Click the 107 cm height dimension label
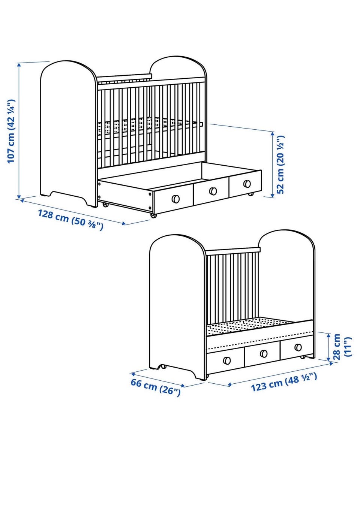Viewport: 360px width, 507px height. pyautogui.click(x=11, y=131)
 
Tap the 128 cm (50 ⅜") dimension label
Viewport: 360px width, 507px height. pyautogui.click(x=70, y=220)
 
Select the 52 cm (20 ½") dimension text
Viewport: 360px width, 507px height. pyautogui.click(x=280, y=165)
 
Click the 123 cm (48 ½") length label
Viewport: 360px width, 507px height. pyautogui.click(x=284, y=383)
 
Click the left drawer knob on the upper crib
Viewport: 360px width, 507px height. pyautogui.click(x=175, y=199)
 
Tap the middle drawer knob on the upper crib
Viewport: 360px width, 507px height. pyautogui.click(x=213, y=191)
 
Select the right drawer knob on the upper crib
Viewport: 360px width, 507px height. pyautogui.click(x=247, y=184)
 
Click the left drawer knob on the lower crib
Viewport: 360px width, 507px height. pyautogui.click(x=227, y=360)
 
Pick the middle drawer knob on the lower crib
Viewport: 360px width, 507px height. pyautogui.click(x=264, y=353)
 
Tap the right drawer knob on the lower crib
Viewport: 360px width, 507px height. pyautogui.click(x=298, y=347)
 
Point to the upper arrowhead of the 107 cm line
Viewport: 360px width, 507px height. pyautogui.click(x=19, y=65)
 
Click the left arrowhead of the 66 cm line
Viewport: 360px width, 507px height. pyautogui.click(x=133, y=373)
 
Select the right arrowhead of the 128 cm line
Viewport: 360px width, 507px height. pyautogui.click(x=123, y=223)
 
